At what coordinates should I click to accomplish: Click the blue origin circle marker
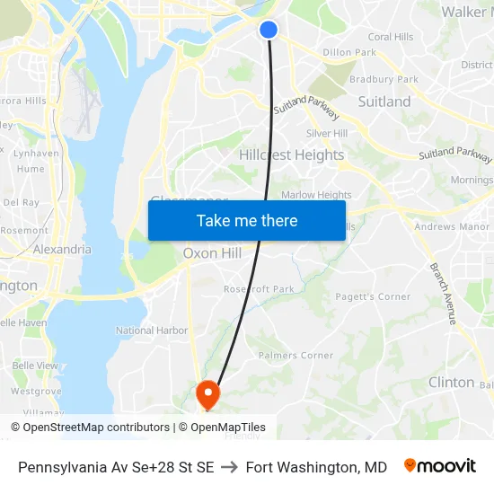click(x=269, y=30)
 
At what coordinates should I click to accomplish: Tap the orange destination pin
click(x=207, y=393)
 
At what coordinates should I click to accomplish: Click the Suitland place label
click(x=384, y=101)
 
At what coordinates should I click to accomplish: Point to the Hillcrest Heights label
click(x=291, y=154)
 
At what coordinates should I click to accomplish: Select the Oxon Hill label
click(x=212, y=253)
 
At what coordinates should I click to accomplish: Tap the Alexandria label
click(x=62, y=249)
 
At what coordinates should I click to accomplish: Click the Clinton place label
click(x=451, y=382)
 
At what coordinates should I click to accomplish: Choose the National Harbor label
click(x=152, y=331)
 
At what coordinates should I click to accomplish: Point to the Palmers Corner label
click(x=296, y=356)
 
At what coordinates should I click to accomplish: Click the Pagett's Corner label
click(x=373, y=296)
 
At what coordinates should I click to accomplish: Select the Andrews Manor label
click(x=452, y=227)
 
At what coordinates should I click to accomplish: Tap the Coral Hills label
click(x=391, y=37)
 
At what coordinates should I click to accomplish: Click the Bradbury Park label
click(x=384, y=79)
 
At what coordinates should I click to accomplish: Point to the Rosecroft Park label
click(x=260, y=289)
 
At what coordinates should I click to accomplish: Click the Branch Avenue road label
click(x=444, y=294)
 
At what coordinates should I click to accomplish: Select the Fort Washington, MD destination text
click(x=316, y=467)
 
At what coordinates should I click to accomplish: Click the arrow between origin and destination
click(x=229, y=467)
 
